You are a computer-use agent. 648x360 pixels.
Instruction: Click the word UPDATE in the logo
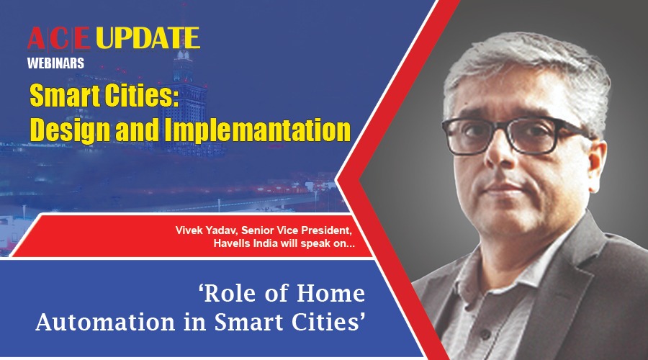tap(148, 38)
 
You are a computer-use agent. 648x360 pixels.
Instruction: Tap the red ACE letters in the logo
tap(59, 38)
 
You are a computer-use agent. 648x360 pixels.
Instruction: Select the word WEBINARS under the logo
tap(55, 63)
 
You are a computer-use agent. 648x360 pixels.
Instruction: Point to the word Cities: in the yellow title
tap(141, 96)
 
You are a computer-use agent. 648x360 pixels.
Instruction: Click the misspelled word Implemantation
tap(258, 130)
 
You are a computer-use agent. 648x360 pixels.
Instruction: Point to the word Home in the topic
tap(331, 293)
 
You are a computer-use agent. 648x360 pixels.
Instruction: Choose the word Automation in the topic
tap(105, 323)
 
